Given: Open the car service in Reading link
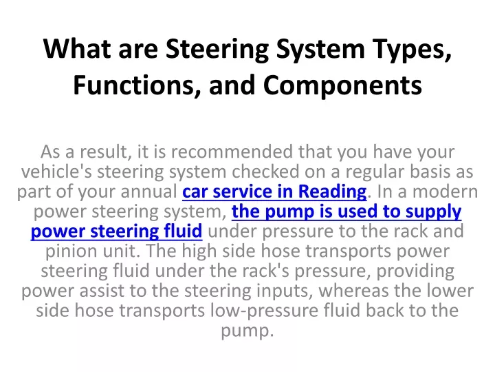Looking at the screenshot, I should (x=274, y=191).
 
